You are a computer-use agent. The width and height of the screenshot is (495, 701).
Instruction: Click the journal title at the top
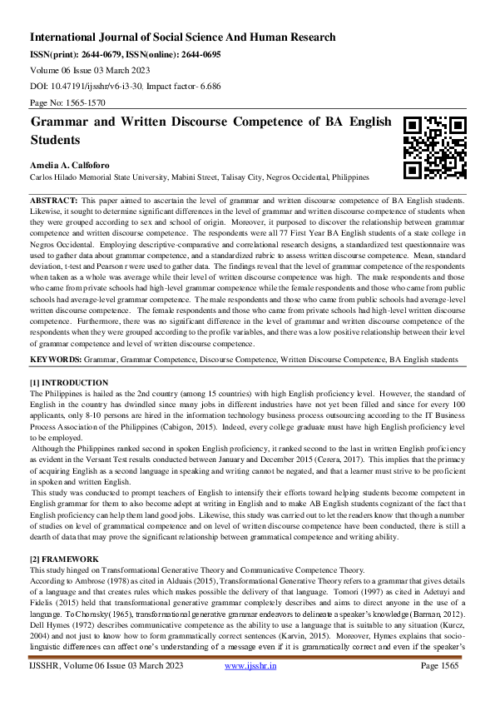tap(182, 37)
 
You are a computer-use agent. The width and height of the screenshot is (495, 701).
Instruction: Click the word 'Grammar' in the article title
tap(59, 122)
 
